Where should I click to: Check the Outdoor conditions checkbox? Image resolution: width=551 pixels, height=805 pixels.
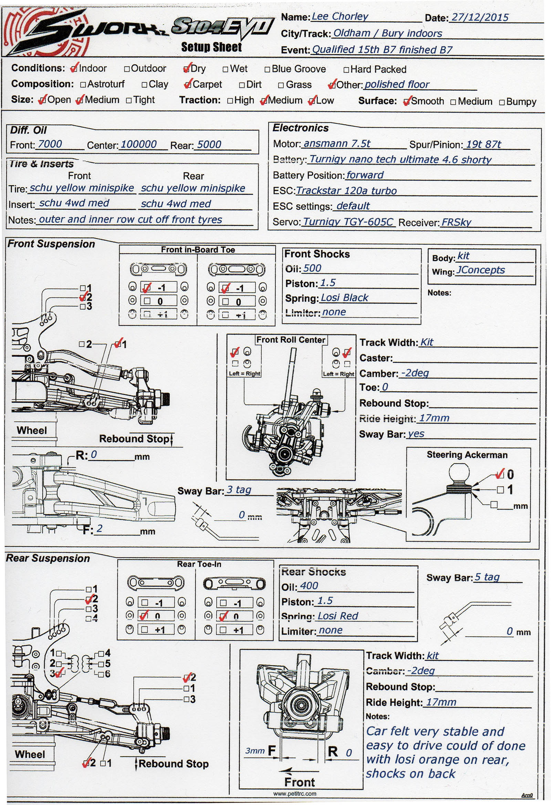point(127,69)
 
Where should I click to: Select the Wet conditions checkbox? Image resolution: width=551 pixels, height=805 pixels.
point(226,69)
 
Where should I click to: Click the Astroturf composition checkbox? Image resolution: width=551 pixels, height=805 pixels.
point(83,84)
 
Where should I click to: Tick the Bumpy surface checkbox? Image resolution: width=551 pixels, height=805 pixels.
point(502,103)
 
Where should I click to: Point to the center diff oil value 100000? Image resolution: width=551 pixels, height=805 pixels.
point(138,144)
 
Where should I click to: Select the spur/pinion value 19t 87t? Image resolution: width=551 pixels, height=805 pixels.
point(483,144)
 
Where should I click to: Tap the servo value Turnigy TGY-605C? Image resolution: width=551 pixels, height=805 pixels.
point(348,222)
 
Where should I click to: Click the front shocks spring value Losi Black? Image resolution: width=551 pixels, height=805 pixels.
point(344,298)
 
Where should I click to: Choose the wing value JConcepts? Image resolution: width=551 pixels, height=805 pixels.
point(480,270)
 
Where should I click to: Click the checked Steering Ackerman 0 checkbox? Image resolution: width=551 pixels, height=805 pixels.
point(500,474)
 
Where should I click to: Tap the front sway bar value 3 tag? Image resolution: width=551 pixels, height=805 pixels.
point(239,490)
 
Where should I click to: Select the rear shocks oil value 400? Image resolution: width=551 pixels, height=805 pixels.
point(309,586)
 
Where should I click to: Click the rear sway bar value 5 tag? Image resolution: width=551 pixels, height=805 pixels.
point(487,577)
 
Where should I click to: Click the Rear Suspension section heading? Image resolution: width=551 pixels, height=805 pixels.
point(48,558)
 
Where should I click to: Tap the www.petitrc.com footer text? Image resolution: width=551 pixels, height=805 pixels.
point(295,794)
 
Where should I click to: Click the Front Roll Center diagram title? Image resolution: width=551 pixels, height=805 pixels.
point(291,340)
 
